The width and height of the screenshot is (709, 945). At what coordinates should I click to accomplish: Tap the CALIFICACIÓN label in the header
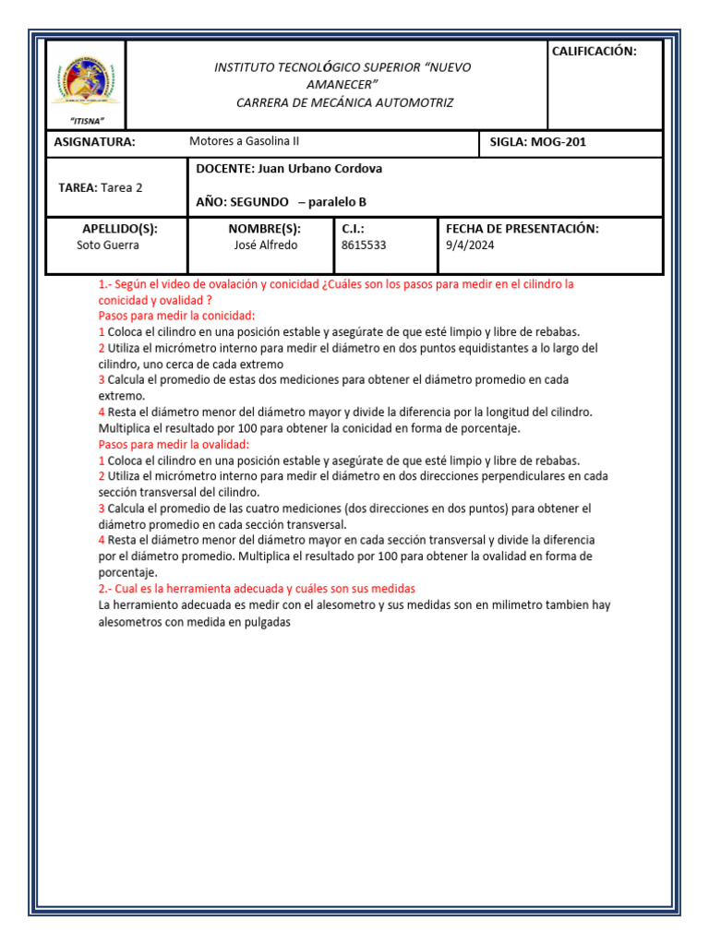point(594,52)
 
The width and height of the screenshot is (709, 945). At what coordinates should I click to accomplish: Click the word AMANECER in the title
point(342,85)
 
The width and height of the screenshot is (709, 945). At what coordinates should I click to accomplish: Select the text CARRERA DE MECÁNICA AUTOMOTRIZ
point(344,102)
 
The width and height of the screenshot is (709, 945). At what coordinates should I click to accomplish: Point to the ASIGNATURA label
point(94,142)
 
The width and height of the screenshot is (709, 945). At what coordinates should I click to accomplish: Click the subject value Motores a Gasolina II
point(244,141)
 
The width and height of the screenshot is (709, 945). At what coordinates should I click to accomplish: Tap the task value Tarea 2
point(122,186)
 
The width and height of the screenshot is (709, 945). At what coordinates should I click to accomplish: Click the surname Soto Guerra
point(107,245)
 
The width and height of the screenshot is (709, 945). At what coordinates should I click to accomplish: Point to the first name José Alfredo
point(261,245)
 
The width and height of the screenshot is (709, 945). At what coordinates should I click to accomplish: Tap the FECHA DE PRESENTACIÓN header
point(522,228)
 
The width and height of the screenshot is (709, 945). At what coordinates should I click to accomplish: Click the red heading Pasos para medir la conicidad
point(176,316)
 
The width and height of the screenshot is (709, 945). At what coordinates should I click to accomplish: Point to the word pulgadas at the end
point(267,622)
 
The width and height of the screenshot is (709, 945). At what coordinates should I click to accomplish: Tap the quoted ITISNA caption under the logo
point(87,121)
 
